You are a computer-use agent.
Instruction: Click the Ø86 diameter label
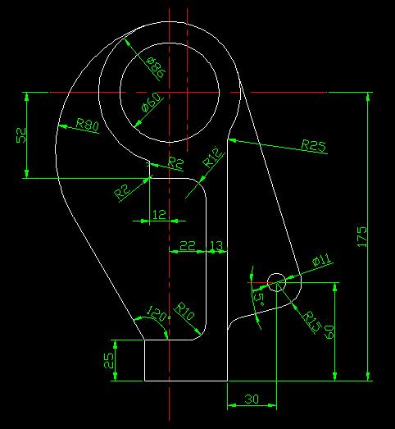pyautogui.click(x=157, y=67)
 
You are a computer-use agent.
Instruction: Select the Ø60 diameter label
pyautogui.click(x=151, y=103)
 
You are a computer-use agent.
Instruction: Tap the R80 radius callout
pyautogui.click(x=87, y=125)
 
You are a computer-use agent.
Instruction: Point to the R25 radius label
pyautogui.click(x=314, y=145)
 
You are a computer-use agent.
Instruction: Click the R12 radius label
pyautogui.click(x=212, y=158)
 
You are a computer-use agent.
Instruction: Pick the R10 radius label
pyautogui.click(x=184, y=311)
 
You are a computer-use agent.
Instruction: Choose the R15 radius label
pyautogui.click(x=312, y=322)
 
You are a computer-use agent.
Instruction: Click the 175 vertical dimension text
pyautogui.click(x=361, y=237)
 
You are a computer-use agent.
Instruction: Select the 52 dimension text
pyautogui.click(x=21, y=135)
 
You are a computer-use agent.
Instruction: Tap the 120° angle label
pyautogui.click(x=157, y=313)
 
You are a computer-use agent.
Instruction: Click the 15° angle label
pyautogui.click(x=258, y=298)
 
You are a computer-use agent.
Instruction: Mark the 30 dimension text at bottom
pyautogui.click(x=252, y=399)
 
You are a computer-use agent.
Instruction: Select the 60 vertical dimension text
pyautogui.click(x=329, y=332)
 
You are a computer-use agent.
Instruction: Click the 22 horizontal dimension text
pyautogui.click(x=188, y=246)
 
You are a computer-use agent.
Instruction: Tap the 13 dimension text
pyautogui.click(x=216, y=246)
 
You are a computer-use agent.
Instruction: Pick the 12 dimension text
pyautogui.click(x=159, y=215)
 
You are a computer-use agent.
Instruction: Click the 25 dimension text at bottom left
pyautogui.click(x=108, y=360)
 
